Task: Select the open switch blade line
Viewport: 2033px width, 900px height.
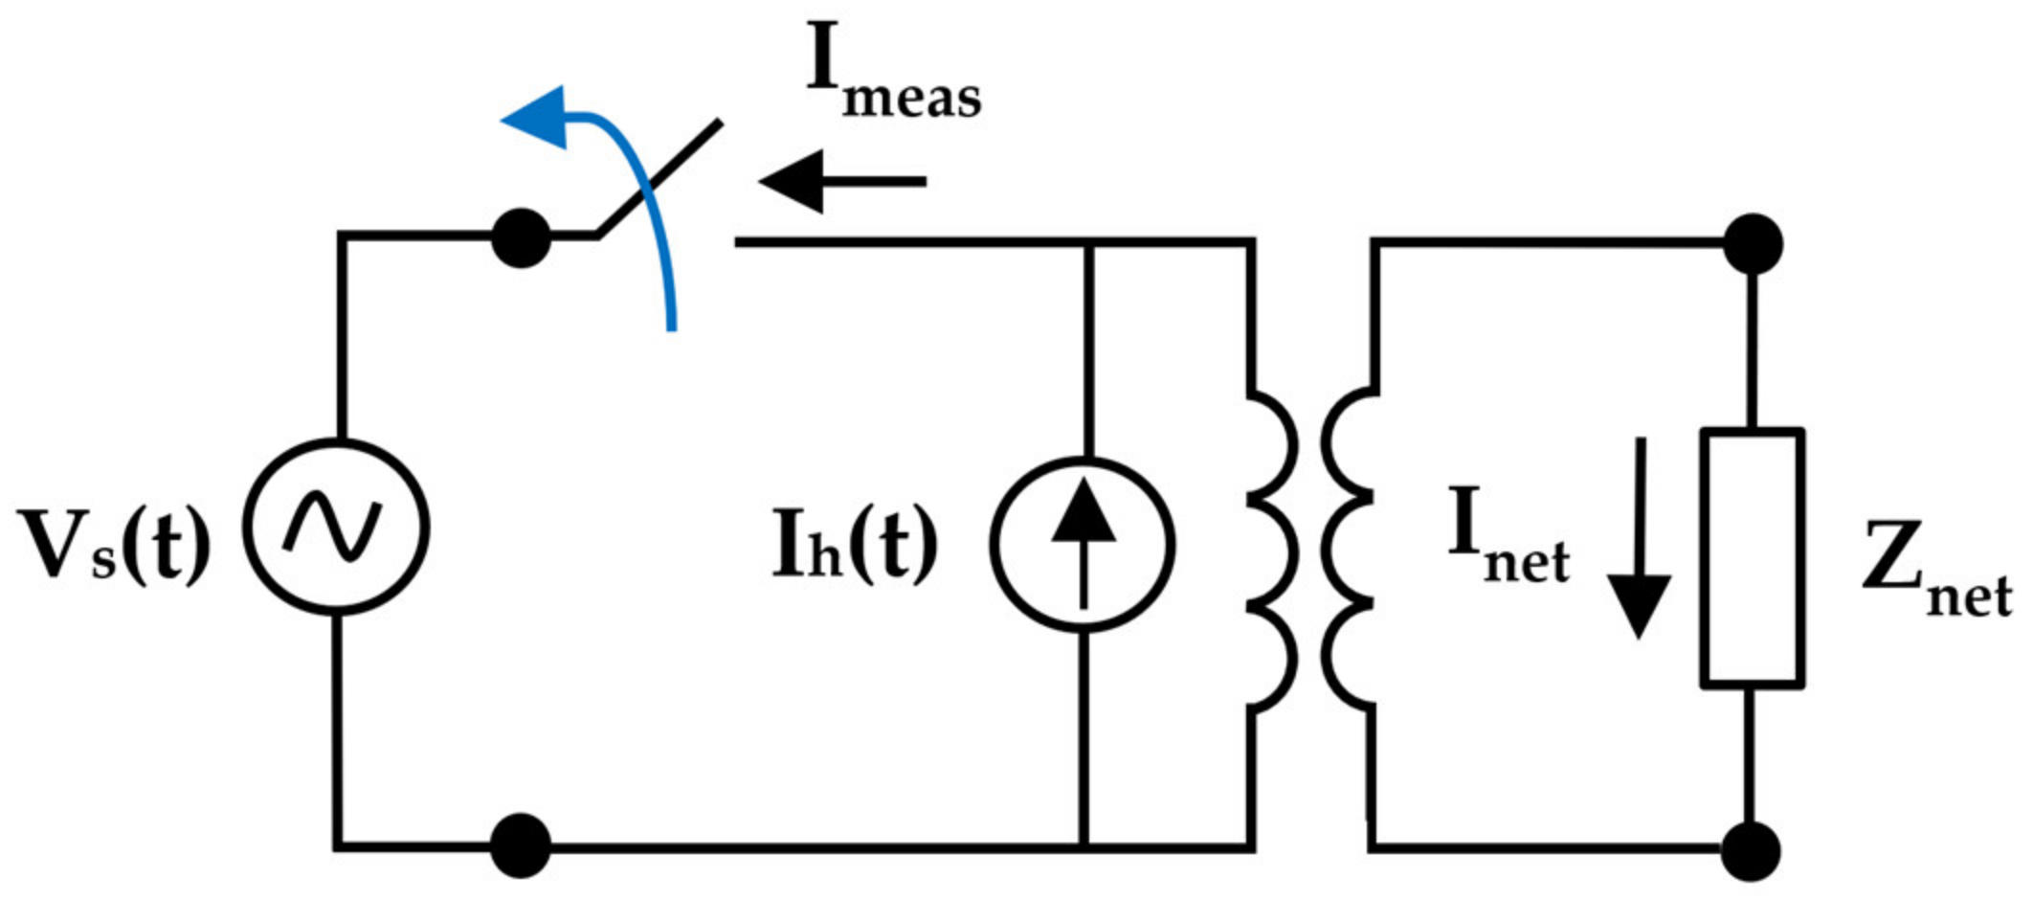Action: (x=660, y=177)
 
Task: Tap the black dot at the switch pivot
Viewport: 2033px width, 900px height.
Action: (x=521, y=238)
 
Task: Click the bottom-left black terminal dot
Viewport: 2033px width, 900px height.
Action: (x=521, y=845)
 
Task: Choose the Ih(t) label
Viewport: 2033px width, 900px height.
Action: (x=855, y=546)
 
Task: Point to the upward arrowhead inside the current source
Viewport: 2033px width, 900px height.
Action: (x=1084, y=512)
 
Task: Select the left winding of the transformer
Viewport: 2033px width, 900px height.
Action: (x=1273, y=550)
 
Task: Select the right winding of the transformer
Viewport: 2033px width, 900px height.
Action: (x=1348, y=550)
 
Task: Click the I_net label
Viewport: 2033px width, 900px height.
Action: (x=1508, y=536)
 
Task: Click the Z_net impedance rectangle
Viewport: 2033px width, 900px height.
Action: (x=1753, y=557)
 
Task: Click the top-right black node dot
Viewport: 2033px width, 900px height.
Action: (x=1753, y=243)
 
